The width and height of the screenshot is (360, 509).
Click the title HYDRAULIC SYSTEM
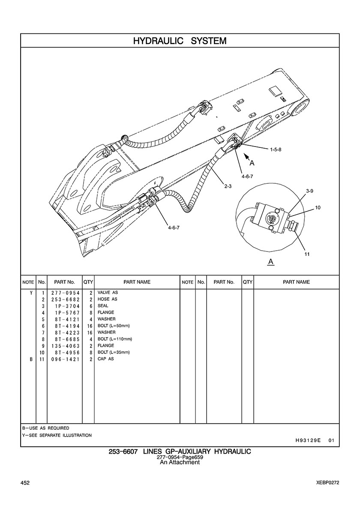tap(180, 41)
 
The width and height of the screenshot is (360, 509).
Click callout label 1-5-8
tap(276, 150)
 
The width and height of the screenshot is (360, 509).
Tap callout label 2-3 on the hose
tap(228, 186)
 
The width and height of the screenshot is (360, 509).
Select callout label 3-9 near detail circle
tap(310, 190)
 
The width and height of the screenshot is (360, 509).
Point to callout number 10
tap(318, 207)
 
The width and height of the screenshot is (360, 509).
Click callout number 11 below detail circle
tap(307, 254)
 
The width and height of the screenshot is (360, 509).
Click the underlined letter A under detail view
tap(270, 261)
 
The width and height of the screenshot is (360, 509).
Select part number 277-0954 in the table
tap(65, 293)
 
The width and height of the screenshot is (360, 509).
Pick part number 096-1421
tap(65, 359)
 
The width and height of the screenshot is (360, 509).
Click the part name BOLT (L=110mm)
tap(114, 339)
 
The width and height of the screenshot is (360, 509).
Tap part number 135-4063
tap(65, 346)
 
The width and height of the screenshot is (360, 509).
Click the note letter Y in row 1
tap(31, 293)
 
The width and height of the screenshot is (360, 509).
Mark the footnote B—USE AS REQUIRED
tap(45, 428)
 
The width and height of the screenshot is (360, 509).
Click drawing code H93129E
tap(308, 440)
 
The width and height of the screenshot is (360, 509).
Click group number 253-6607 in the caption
tap(123, 452)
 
